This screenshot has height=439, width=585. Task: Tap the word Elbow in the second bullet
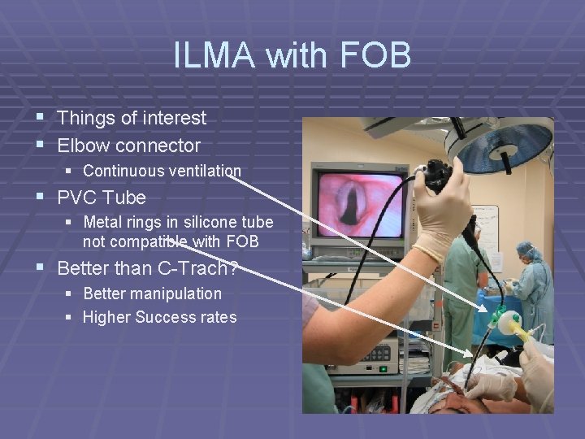(x=83, y=146)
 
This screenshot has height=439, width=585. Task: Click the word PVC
(x=79, y=198)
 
